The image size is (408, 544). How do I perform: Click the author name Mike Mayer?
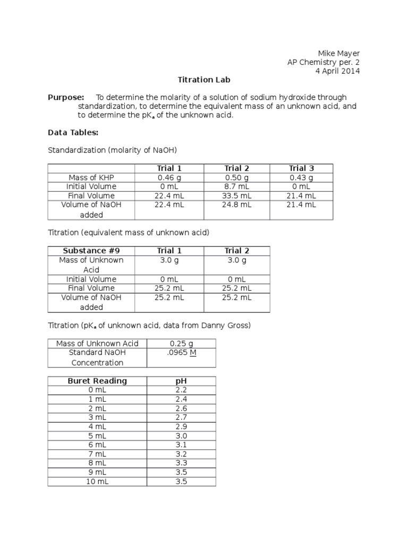point(338,53)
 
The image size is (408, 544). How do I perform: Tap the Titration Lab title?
point(204,80)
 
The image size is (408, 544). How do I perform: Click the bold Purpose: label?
point(66,97)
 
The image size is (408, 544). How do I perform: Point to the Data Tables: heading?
point(73,132)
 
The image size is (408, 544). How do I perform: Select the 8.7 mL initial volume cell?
point(236,186)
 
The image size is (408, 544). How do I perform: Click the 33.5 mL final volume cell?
point(236,195)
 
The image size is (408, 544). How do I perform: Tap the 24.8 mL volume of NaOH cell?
point(236,205)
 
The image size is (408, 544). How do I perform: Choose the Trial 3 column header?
point(301,168)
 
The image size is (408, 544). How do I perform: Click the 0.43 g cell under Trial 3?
point(301,177)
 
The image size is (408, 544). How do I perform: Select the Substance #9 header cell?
point(91,251)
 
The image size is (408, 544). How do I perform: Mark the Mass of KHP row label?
point(91,177)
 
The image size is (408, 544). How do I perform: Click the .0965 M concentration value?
point(181,353)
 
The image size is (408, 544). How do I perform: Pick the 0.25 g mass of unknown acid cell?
point(181,344)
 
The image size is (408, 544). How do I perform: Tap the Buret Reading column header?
point(97,381)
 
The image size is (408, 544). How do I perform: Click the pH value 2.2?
point(181,390)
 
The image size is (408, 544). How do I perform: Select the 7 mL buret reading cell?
point(97,454)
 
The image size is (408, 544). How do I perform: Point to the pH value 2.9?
point(181,427)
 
